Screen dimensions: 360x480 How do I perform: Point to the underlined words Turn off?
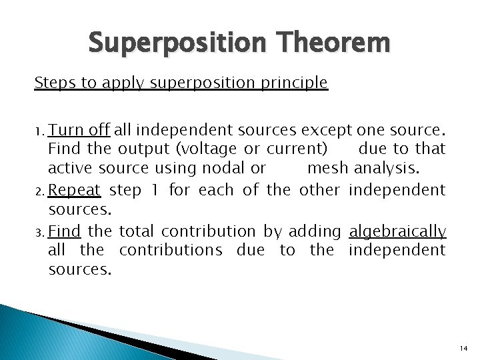(79, 129)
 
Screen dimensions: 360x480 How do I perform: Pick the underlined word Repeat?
(75, 191)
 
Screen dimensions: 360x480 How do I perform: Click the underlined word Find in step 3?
(65, 231)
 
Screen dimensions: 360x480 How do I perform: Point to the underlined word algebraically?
(397, 231)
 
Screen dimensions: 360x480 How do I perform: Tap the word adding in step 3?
(315, 231)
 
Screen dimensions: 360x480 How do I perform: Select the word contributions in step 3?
(171, 250)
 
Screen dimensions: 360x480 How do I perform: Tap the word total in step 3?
(136, 231)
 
